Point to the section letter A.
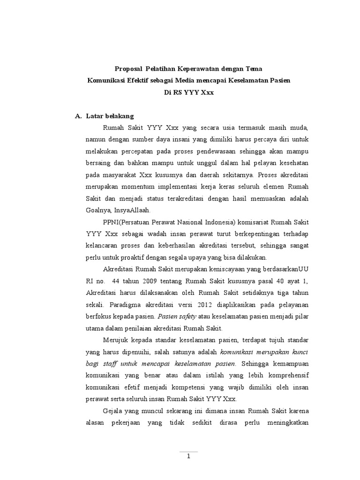pyautogui.click(x=78, y=116)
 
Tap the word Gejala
pyautogui.click(x=113, y=411)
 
